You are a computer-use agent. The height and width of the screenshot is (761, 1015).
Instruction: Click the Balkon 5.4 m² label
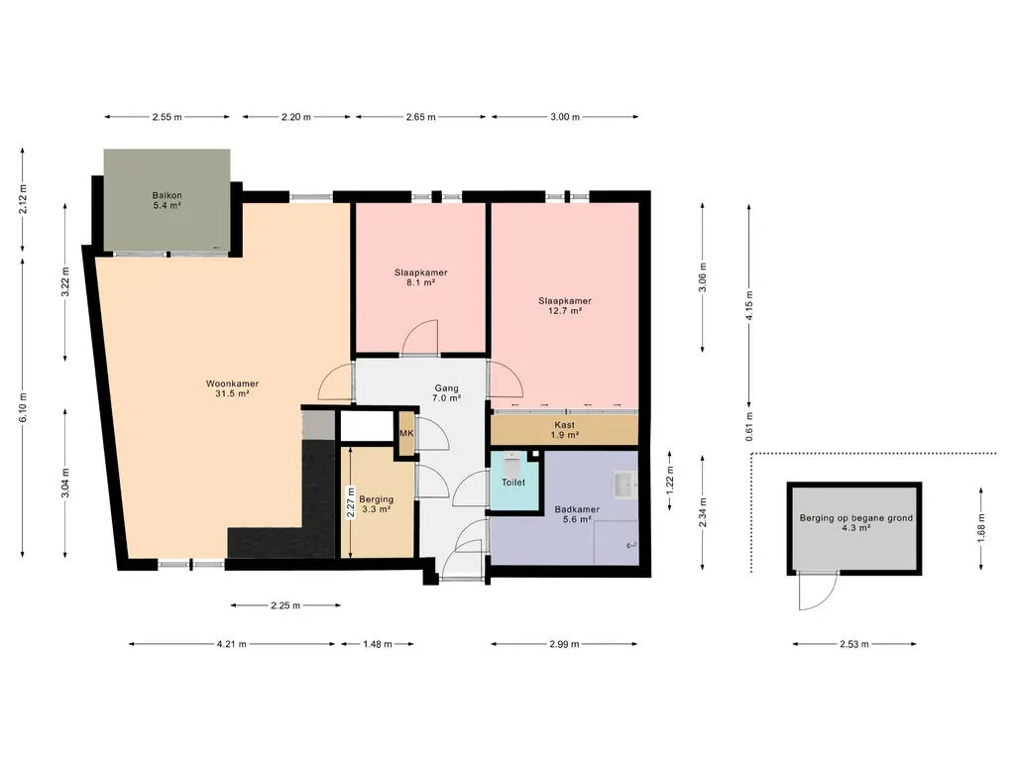(x=167, y=200)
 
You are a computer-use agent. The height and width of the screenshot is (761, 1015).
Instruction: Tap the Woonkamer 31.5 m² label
(x=232, y=388)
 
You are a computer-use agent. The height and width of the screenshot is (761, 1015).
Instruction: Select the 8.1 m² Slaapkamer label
(x=420, y=277)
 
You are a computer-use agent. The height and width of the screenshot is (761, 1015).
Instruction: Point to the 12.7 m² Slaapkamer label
(x=564, y=305)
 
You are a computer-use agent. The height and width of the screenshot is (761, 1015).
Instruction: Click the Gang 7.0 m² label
(x=447, y=393)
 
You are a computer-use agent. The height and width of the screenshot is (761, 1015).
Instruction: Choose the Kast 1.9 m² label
(x=564, y=430)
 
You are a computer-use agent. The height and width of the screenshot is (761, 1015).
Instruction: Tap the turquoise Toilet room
(x=514, y=481)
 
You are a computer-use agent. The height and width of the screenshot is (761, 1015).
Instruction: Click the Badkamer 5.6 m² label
(x=577, y=514)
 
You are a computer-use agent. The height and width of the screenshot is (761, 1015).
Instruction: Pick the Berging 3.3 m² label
(x=376, y=504)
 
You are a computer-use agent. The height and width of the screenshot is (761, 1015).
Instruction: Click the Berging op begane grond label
(x=855, y=522)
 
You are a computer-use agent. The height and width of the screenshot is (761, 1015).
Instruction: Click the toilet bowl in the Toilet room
(x=511, y=463)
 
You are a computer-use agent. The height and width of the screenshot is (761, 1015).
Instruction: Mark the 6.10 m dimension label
(x=24, y=407)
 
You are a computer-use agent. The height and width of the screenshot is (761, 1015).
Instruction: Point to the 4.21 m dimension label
(x=232, y=644)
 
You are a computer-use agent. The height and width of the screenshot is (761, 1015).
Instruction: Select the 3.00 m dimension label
(x=565, y=117)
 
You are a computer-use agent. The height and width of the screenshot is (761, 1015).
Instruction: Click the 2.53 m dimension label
(x=854, y=644)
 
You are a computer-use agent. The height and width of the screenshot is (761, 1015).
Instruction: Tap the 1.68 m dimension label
(x=981, y=527)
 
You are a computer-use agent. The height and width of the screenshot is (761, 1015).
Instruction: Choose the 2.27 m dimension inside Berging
(x=350, y=502)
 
